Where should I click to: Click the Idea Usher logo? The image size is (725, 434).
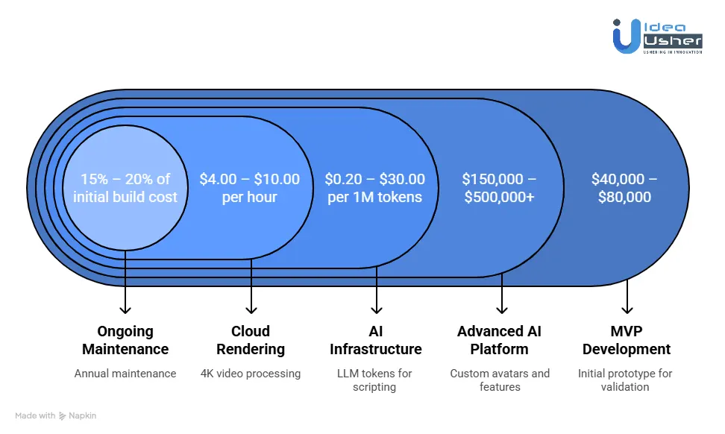coord(657,36)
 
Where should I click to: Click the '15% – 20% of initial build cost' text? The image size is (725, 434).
coord(125,188)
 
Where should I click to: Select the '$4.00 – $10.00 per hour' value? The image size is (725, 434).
coord(250,188)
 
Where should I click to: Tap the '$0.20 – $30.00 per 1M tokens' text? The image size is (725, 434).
coord(375,188)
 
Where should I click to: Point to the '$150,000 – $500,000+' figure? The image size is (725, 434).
coord(499,188)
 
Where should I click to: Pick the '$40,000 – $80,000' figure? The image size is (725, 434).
coord(626,188)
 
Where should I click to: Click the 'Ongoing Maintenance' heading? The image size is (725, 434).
coord(125,340)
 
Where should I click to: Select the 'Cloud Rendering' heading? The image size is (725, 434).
coord(251,340)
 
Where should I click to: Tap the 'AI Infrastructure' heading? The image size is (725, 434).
coord(376,340)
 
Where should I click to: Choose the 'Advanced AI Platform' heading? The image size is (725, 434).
coord(499,340)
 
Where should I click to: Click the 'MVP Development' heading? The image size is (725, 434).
coord(627,340)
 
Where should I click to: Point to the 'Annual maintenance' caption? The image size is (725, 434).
coord(125,373)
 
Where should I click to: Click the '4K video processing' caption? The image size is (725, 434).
coord(251,373)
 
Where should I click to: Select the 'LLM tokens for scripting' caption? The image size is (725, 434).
coord(374,380)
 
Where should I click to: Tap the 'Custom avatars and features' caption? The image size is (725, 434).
coord(499,380)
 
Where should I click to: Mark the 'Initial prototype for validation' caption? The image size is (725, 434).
coord(625,380)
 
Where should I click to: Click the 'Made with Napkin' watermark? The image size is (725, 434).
coord(56,415)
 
